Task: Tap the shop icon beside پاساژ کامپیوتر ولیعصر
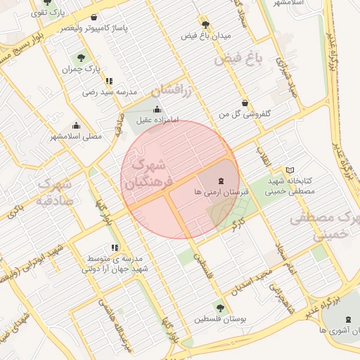click(94, 18)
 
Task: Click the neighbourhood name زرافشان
click(171, 89)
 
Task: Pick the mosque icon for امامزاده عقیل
click(156, 109)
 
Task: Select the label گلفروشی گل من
click(245, 113)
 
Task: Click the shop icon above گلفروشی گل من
click(245, 103)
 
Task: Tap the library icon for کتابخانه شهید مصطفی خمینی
click(290, 171)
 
